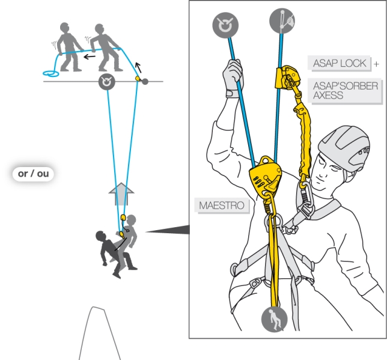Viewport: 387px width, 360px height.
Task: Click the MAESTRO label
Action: (222, 206)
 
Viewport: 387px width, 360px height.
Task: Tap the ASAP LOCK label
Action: (340, 64)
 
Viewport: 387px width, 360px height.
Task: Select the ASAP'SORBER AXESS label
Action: (345, 91)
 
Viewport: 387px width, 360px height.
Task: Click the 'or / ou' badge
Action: (33, 174)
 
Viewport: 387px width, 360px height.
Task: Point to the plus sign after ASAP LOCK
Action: (376, 64)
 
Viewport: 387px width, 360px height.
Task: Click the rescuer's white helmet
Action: (345, 147)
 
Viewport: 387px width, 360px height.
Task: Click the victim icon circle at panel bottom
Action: (274, 319)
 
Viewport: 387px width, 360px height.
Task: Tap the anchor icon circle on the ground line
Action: (106, 82)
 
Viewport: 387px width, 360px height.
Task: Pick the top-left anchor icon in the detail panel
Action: (225, 25)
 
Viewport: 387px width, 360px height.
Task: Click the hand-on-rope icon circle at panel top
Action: (282, 20)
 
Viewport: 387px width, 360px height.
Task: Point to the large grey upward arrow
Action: (121, 194)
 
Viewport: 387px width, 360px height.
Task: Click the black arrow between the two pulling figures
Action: (90, 56)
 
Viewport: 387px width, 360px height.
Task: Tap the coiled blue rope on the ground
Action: (51, 73)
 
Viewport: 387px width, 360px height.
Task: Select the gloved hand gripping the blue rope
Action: (233, 76)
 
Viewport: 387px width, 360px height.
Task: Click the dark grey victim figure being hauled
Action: (109, 249)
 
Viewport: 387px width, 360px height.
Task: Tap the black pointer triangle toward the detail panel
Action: (168, 230)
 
